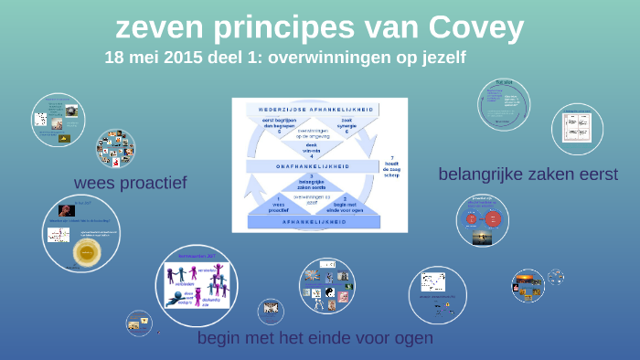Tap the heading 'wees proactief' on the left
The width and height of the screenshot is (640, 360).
(x=130, y=183)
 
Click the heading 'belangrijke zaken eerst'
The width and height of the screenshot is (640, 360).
(x=528, y=174)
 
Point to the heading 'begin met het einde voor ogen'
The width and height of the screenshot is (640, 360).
(x=315, y=339)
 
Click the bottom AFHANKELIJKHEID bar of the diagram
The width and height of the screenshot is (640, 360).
(x=308, y=222)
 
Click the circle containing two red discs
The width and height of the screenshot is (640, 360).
(x=482, y=220)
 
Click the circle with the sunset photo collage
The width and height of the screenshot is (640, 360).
(x=528, y=285)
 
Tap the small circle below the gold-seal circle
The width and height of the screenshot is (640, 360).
(x=139, y=322)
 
